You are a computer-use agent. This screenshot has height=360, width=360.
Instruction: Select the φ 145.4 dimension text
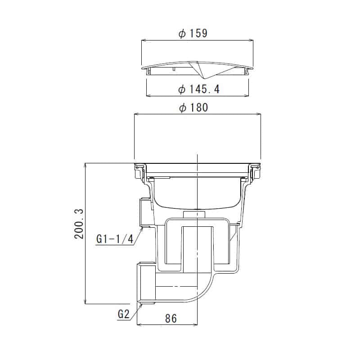point(198,90)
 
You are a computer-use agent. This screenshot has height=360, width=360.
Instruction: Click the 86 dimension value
point(171,319)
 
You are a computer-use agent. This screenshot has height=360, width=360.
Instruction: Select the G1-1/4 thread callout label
point(115,239)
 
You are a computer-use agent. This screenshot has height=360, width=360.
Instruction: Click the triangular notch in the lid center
point(198,69)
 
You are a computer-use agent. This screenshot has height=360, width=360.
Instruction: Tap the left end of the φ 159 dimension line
point(142,40)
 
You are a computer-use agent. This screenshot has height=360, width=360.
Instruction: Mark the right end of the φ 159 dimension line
point(253,40)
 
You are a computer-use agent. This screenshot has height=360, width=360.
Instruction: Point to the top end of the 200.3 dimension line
point(85,163)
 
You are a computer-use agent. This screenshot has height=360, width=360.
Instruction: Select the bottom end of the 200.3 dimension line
point(85,304)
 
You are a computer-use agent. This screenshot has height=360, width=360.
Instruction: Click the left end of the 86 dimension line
point(136,324)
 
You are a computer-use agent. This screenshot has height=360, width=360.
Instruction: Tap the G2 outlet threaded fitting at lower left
point(146,283)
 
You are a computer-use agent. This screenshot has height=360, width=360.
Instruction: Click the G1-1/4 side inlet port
point(145,212)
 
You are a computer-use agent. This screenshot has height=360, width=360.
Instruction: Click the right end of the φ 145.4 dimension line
point(249,95)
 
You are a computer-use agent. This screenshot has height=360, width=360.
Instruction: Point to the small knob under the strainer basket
point(194,213)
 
